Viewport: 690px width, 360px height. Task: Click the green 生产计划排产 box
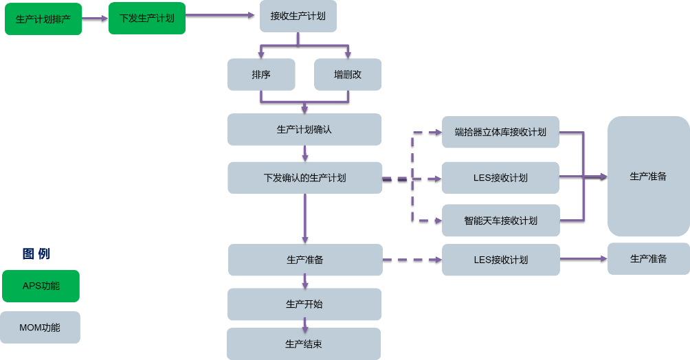[43, 19]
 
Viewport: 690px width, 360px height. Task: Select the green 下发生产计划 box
[146, 19]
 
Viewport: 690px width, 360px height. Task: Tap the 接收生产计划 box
[298, 16]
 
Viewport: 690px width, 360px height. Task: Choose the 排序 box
[261, 74]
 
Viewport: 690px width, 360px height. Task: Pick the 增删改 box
[348, 74]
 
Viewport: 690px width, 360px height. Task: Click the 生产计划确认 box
[304, 129]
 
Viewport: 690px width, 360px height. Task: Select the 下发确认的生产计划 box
[304, 178]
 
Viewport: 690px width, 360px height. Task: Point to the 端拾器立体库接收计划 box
[500, 132]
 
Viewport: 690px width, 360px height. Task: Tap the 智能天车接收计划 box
[500, 221]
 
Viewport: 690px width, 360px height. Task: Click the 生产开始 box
[304, 304]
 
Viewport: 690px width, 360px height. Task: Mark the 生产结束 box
[304, 344]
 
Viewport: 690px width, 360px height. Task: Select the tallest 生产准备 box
[648, 177]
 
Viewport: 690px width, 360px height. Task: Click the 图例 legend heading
[36, 254]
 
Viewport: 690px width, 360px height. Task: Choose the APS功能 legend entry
[41, 286]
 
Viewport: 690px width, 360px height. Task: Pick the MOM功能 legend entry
[41, 328]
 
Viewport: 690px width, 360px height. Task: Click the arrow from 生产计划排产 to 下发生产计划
[95, 19]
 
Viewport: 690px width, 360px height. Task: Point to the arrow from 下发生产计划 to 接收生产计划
[220, 14]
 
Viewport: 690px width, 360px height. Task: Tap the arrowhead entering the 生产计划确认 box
[304, 109]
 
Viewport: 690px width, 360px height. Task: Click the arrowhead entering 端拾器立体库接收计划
[438, 132]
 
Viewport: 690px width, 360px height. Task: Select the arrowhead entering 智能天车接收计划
[438, 221]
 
